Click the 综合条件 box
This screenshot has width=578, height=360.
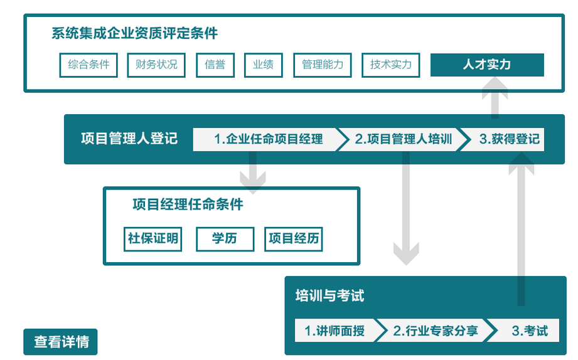tap(88, 65)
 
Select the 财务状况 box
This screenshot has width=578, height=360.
tap(156, 65)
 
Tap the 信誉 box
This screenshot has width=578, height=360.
tap(215, 65)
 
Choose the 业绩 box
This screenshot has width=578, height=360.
tap(263, 65)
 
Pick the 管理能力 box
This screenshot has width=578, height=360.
tap(323, 65)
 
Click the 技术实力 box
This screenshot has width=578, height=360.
tap(390, 65)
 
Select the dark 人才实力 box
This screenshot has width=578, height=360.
tap(487, 65)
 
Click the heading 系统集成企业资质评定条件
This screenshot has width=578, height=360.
tap(135, 33)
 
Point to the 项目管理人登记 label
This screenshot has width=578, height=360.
tap(129, 139)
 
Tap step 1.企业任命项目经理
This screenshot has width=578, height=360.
tap(267, 139)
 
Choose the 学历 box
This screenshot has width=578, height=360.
tap(225, 238)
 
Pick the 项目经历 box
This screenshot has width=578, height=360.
tap(293, 238)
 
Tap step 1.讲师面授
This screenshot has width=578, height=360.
tap(334, 331)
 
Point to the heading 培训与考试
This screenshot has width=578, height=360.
tap(329, 296)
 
